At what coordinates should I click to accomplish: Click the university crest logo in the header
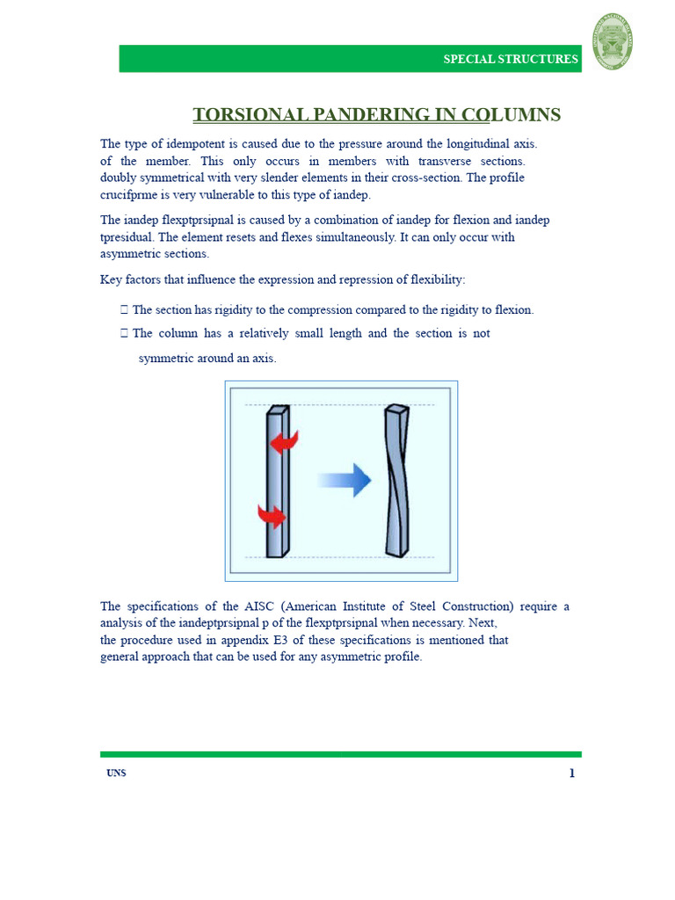pos(613,41)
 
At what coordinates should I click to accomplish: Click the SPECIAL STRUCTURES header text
pos(511,60)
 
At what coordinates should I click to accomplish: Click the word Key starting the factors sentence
pos(111,279)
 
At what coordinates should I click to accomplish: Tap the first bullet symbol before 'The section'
pos(124,309)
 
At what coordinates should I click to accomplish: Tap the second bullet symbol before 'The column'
pos(124,333)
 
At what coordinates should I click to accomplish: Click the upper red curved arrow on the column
pos(285,442)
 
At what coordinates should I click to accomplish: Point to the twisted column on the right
pos(396,480)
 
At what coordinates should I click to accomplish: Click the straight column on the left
pos(276,482)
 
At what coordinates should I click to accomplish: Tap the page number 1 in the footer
pos(572,773)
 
